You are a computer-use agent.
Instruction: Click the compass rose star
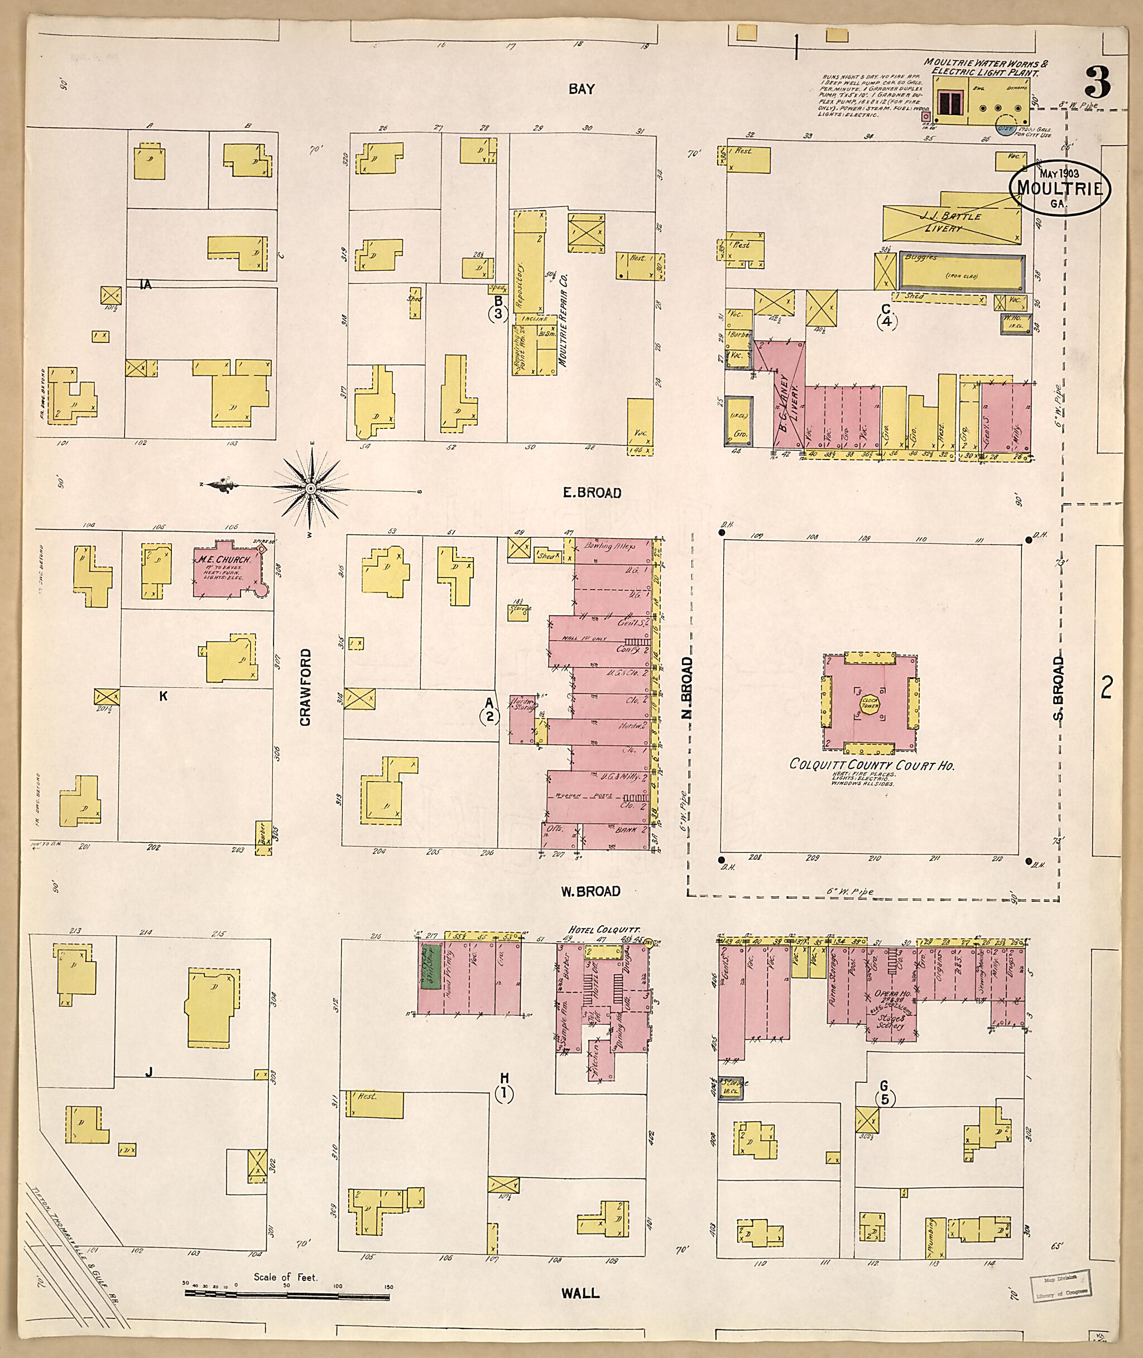pyautogui.click(x=310, y=487)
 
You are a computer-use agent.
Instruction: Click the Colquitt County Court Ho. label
pyautogui.click(x=872, y=765)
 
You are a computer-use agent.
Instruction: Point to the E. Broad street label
pyautogui.click(x=591, y=493)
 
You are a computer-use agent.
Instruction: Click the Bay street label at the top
pyautogui.click(x=581, y=89)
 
